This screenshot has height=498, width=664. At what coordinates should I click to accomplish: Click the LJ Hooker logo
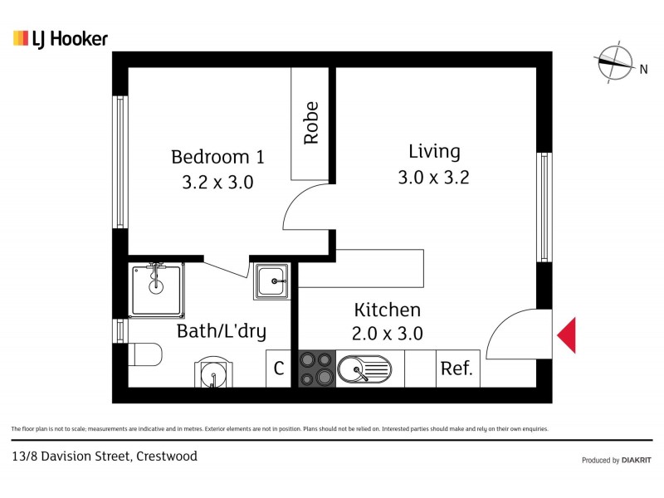(x=61, y=38)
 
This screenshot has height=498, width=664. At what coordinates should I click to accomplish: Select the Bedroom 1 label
(x=217, y=157)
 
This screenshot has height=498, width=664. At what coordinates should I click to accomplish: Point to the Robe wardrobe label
(x=311, y=124)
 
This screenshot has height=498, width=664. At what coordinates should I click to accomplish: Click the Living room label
(x=434, y=152)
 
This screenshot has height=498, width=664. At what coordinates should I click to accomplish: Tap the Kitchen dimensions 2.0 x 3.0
(x=388, y=334)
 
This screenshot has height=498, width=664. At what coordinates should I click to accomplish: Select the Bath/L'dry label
(x=222, y=332)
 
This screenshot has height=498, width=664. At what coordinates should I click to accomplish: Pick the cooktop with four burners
(x=315, y=369)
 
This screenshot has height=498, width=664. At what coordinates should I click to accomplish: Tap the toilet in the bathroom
(x=146, y=354)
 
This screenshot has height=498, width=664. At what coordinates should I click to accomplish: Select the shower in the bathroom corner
(x=156, y=289)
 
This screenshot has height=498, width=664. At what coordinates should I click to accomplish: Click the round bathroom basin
(x=213, y=373)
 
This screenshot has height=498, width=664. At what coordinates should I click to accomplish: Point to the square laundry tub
(x=271, y=281)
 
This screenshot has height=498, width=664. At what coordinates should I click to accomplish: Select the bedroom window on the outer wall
(x=120, y=161)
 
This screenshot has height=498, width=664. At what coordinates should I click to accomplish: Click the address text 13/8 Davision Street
(x=103, y=456)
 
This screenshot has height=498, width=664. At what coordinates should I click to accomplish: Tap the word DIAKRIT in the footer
(x=637, y=460)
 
